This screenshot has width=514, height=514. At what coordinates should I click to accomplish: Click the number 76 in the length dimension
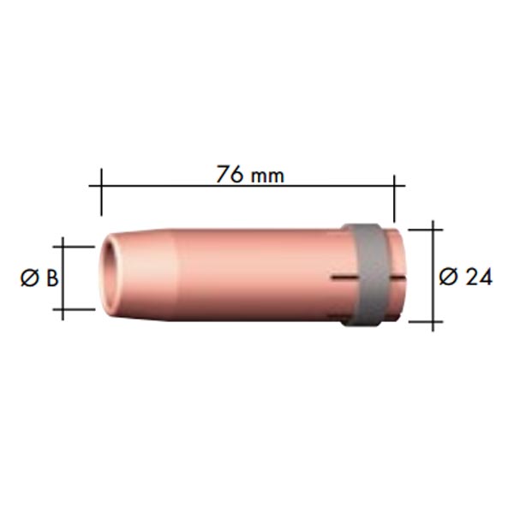pos(230,174)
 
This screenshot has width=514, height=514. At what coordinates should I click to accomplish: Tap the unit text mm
pos(266,176)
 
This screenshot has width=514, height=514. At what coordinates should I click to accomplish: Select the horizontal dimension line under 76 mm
pos(248,186)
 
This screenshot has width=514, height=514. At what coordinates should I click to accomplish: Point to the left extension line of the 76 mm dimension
pos(101,192)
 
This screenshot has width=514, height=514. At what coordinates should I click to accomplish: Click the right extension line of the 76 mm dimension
pos(394,199)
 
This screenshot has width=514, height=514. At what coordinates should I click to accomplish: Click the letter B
pos(52,278)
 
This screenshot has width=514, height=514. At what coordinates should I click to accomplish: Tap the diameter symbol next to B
pos(29,278)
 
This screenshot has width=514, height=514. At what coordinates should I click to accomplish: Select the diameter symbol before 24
pos(448,277)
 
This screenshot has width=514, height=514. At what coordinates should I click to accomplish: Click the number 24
pos(479,278)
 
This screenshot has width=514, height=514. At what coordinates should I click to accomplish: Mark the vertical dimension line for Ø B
pos(63,278)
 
